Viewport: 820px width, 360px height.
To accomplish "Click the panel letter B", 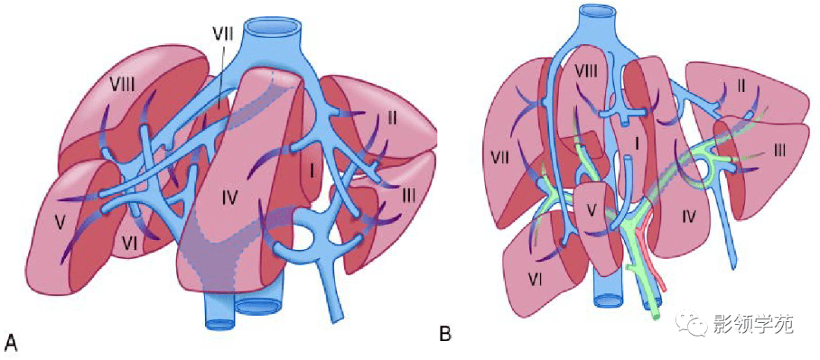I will (446, 333).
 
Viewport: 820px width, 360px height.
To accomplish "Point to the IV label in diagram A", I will (231, 200).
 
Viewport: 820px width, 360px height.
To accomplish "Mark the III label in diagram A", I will (408, 196).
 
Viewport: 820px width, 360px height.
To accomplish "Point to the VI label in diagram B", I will (536, 280).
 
